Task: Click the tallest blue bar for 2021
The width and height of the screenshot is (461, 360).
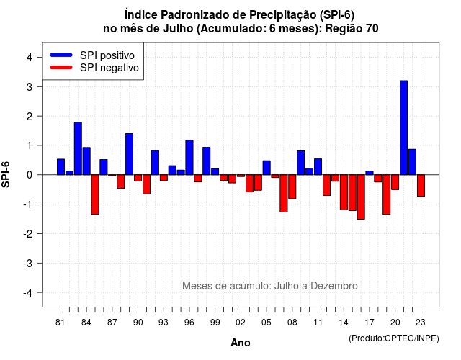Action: pos(403,127)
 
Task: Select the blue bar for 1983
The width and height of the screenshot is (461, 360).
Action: pos(78,148)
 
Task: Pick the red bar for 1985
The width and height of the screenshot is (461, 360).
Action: pos(95,194)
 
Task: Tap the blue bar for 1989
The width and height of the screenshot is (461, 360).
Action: pos(130,154)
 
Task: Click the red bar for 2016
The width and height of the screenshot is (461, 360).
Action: pos(361,197)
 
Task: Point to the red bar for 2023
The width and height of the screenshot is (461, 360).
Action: pos(421,186)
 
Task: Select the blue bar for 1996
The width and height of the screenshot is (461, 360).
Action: pos(189,158)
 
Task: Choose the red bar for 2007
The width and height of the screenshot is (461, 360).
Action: pos(284,193)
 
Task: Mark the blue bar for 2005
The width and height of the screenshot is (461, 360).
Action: pos(267,168)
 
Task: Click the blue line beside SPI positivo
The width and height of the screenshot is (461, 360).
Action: pos(61,55)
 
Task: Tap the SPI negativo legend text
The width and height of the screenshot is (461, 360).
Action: pos(109,68)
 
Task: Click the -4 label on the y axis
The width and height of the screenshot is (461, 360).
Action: pos(29,292)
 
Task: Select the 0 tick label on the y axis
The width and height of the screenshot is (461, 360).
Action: pos(29,175)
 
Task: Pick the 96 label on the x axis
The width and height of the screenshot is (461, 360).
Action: pos(189,323)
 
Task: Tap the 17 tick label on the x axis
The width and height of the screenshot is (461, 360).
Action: pos(370,323)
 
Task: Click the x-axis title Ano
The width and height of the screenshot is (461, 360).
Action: pos(241,343)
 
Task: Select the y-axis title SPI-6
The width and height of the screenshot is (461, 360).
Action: pos(6,174)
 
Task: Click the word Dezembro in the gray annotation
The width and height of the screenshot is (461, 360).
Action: pos(334,286)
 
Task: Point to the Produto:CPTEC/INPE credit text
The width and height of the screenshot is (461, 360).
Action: pos(394,338)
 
